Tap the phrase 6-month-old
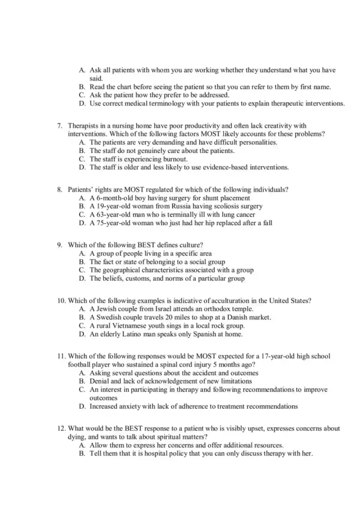tap(113, 197)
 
